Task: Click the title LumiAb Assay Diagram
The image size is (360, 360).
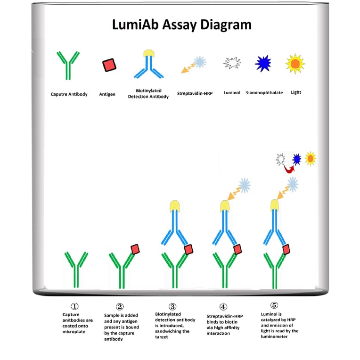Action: (182, 25)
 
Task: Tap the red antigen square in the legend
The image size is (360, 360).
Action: (109, 65)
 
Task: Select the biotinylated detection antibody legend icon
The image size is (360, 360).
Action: (148, 64)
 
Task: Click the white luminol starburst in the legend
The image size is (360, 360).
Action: (232, 63)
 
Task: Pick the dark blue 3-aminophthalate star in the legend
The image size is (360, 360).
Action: (263, 63)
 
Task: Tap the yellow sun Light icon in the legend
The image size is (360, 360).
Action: (295, 63)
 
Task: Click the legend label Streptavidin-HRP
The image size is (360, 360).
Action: (195, 93)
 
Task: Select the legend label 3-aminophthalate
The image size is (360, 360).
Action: (264, 93)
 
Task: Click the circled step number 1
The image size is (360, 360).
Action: (74, 307)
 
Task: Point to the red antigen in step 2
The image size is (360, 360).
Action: (135, 249)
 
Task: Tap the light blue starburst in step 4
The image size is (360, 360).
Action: (245, 185)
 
